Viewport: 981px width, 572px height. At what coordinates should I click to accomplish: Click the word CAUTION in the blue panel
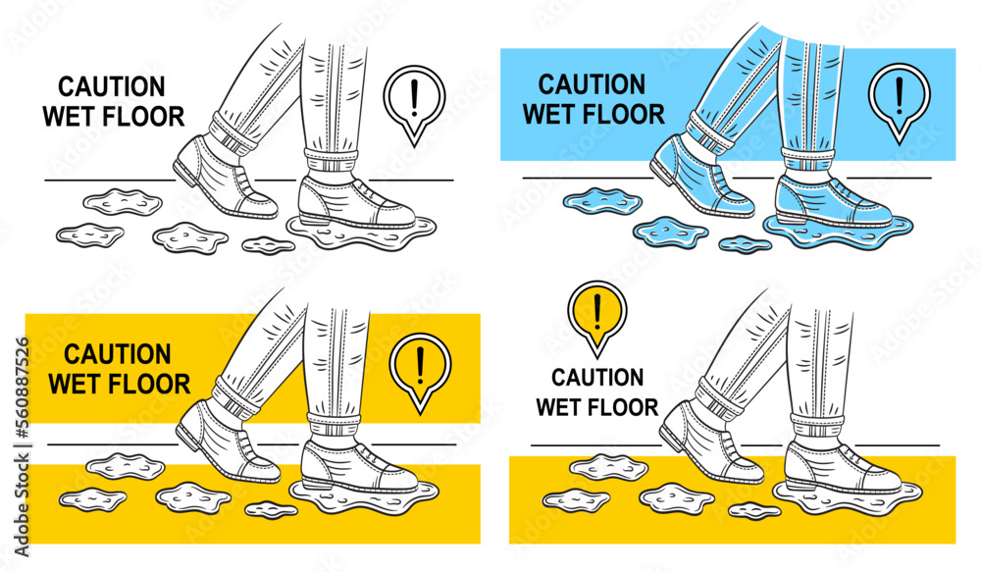click(592, 85)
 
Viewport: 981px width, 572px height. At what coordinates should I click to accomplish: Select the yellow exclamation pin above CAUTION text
click(596, 313)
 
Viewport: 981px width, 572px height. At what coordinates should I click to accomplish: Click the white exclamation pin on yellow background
click(419, 367)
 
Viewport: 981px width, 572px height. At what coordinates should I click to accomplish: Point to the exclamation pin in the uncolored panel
click(415, 99)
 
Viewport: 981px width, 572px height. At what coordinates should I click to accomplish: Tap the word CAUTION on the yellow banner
click(118, 354)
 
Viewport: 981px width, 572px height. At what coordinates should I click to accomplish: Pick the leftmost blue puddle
click(601, 201)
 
